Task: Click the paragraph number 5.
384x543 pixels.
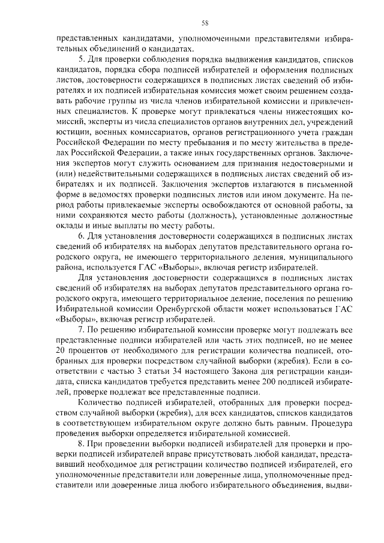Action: click(x=81, y=61)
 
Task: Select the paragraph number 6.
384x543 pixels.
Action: click(x=81, y=238)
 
